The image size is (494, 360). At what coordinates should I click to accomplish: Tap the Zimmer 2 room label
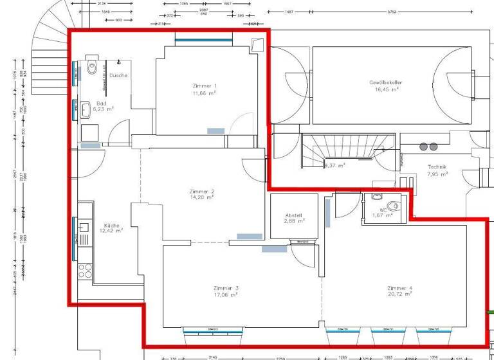201,192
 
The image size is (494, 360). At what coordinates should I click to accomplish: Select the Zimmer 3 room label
226,288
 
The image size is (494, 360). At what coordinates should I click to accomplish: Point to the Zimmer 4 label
399,288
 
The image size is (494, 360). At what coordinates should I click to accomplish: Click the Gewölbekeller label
383,83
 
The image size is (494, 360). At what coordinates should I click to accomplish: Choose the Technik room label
437,167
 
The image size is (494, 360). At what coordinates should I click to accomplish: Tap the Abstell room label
293,215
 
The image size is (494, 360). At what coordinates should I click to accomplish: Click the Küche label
111,226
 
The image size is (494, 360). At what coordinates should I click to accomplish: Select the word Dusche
118,75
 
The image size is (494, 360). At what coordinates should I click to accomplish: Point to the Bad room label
102,103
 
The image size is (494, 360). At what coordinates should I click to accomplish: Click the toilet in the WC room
394,206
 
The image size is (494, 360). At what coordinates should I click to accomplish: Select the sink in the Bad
85,111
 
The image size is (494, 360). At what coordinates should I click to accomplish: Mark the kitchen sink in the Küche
84,227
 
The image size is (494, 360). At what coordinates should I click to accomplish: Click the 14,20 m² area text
201,199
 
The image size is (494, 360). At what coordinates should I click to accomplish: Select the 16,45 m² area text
383,89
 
